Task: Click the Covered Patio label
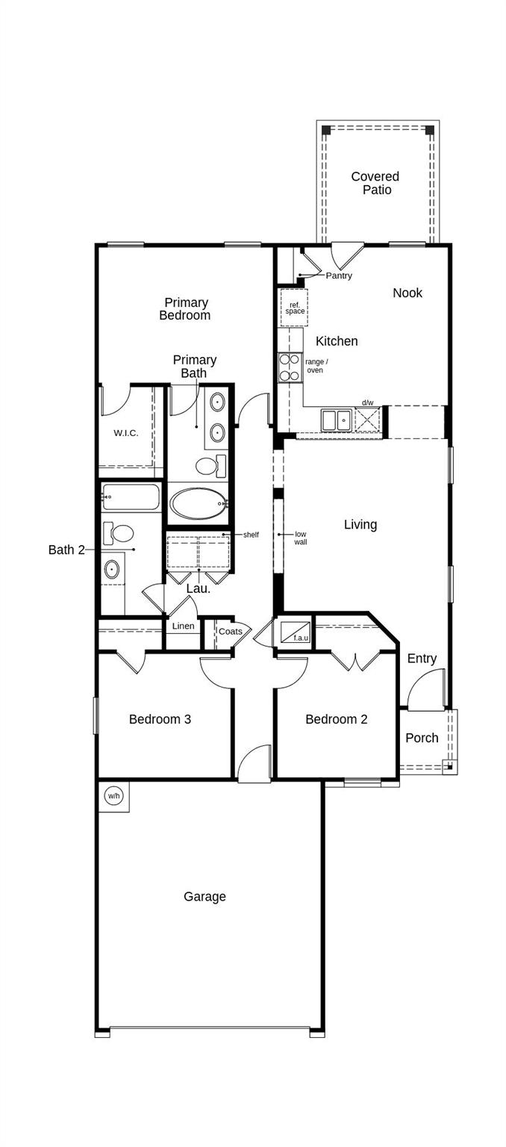click(x=375, y=183)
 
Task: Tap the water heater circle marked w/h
click(x=113, y=796)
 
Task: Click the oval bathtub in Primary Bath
click(x=196, y=504)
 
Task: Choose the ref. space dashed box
click(x=294, y=308)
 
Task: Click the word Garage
click(x=204, y=897)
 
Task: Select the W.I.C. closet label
click(x=126, y=433)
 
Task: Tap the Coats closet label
click(x=231, y=632)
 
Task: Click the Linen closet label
click(x=183, y=627)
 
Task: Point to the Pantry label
click(x=339, y=276)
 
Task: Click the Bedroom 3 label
click(x=160, y=719)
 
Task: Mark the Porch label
click(x=422, y=738)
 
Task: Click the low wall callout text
click(x=301, y=538)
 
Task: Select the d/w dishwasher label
click(x=367, y=402)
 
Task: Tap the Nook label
click(x=407, y=293)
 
